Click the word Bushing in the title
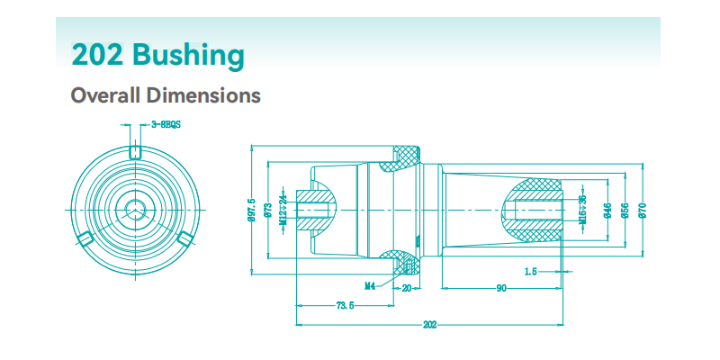(x=188, y=56)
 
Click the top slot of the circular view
(x=135, y=150)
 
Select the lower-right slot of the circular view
(x=186, y=238)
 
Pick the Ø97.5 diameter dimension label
(x=252, y=210)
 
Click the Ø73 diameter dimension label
(x=269, y=210)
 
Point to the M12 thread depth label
(x=283, y=210)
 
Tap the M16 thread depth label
(x=582, y=210)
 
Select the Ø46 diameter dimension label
(x=608, y=210)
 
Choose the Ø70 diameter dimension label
(x=643, y=210)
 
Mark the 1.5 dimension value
(x=531, y=270)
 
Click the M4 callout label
(x=370, y=286)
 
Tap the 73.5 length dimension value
(x=345, y=305)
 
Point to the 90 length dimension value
(x=499, y=287)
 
